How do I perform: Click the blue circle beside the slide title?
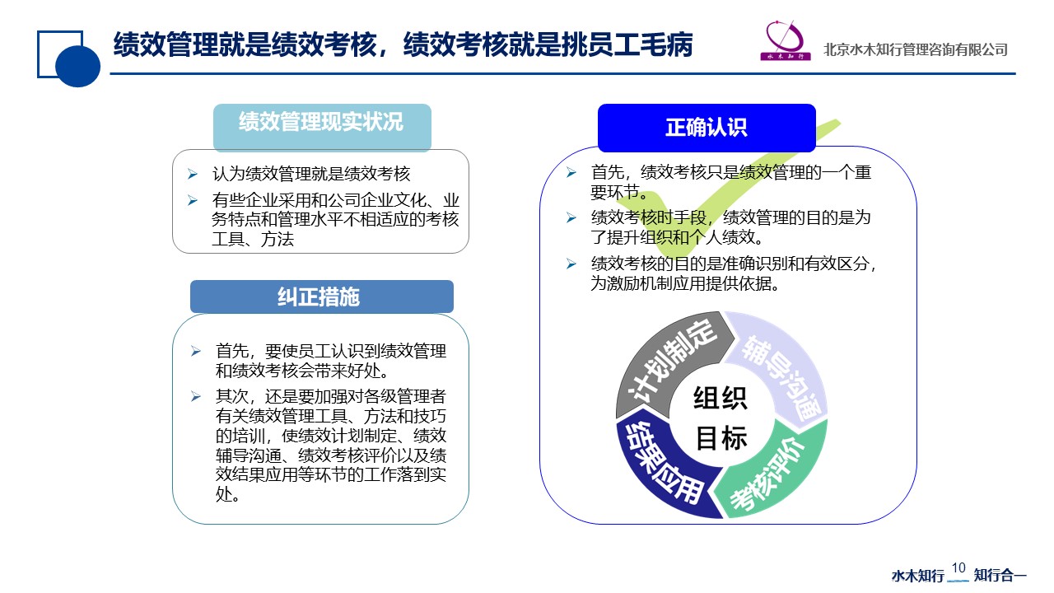[77, 66]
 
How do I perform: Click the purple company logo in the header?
[786, 40]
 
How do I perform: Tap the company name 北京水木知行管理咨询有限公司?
[915, 50]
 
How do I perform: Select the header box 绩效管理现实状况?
[322, 127]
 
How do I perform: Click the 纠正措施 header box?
[322, 296]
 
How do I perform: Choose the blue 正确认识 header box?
[707, 128]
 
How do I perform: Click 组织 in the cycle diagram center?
[721, 398]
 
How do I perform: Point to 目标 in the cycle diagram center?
[721, 437]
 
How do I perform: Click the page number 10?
[958, 568]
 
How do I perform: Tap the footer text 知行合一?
[1000, 576]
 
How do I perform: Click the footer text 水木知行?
[918, 576]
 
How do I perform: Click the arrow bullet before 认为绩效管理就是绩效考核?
[192, 174]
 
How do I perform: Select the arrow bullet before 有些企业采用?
[192, 200]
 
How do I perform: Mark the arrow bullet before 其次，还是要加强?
[196, 397]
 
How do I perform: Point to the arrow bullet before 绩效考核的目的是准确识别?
[571, 264]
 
